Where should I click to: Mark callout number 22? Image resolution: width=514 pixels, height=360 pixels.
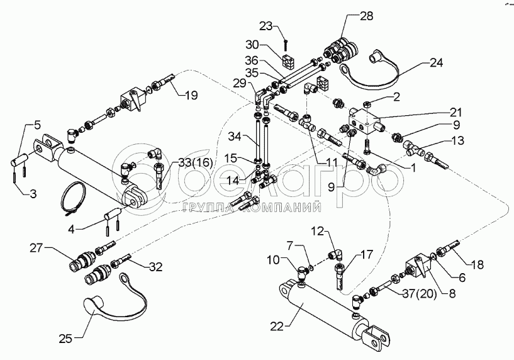click(277, 325)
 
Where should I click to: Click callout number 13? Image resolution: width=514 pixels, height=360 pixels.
click(457, 140)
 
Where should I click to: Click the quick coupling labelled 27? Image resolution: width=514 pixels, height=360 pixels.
click(84, 261)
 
